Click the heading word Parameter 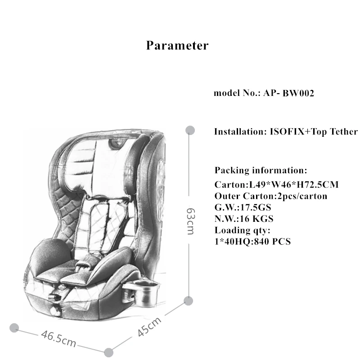tap(177, 45)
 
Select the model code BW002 tap(298, 94)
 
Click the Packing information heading tap(261, 171)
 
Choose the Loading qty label tap(242, 230)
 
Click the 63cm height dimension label tap(190, 220)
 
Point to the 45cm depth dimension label tap(149, 327)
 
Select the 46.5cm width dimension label tap(58, 338)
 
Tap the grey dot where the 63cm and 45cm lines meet tap(189, 301)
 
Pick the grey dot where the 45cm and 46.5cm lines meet tap(108, 351)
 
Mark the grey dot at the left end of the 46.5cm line tap(14, 327)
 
